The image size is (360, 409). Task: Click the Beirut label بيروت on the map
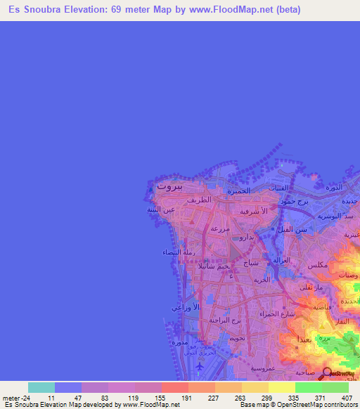pos(169,187)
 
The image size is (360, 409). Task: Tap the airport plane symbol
pos(200,366)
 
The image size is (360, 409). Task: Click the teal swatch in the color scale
pos(41,387)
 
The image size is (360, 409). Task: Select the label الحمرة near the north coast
pos(238,190)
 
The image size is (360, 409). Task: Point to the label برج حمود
pos(292,202)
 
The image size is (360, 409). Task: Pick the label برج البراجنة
pos(224,320)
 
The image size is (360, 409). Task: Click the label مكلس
pos(317,265)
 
